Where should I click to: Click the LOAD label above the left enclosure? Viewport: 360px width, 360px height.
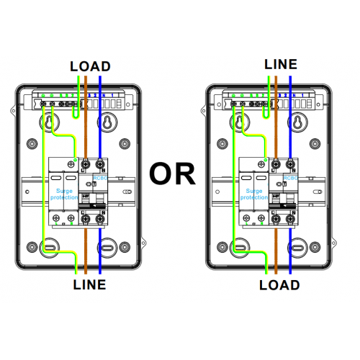tap(90, 66)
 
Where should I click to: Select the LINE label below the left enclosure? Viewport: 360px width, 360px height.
tap(90, 284)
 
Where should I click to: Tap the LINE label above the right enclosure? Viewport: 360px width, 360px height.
tap(281, 64)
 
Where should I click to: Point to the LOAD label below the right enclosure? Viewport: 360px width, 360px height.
tap(281, 284)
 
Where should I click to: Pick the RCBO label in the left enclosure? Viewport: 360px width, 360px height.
tap(99, 176)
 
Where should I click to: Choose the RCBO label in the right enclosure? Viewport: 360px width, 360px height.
tap(289, 177)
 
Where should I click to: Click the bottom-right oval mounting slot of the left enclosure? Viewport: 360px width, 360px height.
tap(107, 249)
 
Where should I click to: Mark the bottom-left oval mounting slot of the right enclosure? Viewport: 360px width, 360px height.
tap(240, 249)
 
